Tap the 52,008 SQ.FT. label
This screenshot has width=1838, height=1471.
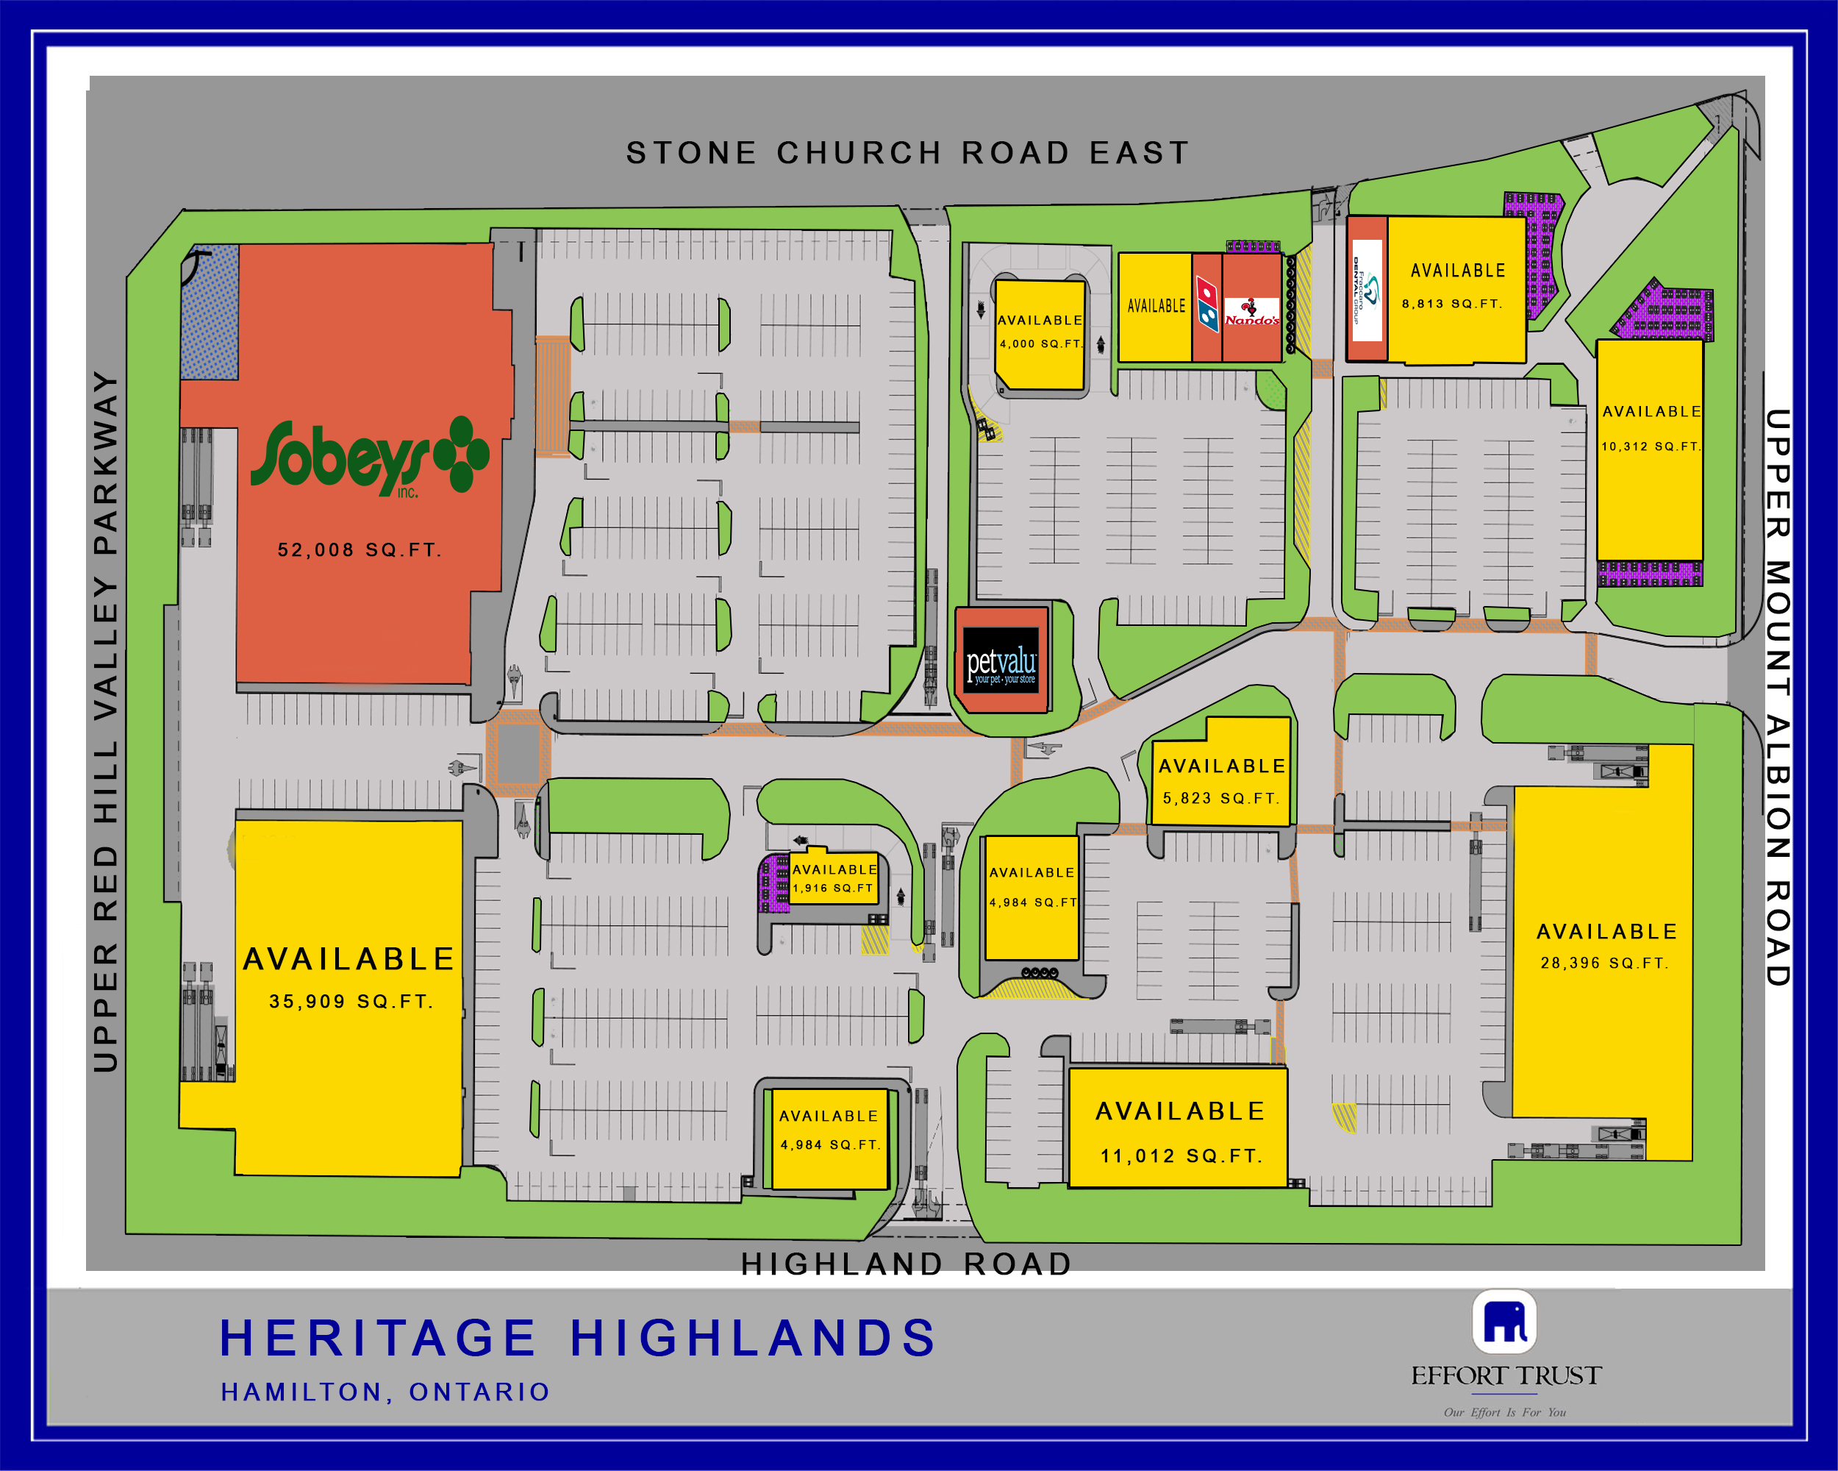(359, 550)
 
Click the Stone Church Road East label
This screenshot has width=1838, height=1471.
(907, 154)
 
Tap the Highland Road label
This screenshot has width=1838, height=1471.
(907, 1263)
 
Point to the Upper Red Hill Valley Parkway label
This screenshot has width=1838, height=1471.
(105, 721)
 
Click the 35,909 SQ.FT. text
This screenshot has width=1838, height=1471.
(351, 1001)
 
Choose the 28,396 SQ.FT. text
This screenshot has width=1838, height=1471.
(1604, 963)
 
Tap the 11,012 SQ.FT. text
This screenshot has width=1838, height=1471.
(1181, 1155)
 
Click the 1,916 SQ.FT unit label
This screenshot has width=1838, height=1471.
(834, 888)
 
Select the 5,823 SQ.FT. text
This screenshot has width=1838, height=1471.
(1220, 798)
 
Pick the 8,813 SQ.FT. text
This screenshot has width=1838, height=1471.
(1452, 304)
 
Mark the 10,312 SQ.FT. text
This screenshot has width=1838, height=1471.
(1651, 446)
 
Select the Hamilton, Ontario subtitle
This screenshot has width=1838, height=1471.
(385, 1392)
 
